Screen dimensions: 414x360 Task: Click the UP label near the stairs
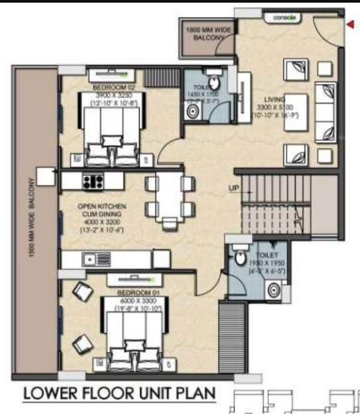click(x=234, y=188)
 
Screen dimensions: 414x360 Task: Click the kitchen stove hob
click(x=91, y=180)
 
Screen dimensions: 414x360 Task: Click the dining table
click(x=169, y=198)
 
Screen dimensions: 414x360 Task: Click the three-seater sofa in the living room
click(x=326, y=113)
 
